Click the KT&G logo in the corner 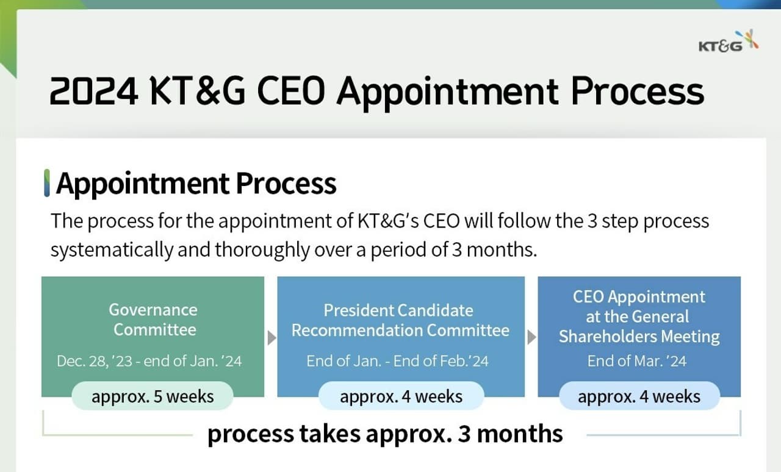point(728,42)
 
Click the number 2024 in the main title point(93,91)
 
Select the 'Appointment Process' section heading point(196,184)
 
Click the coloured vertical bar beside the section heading point(46,184)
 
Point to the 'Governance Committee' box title point(153,320)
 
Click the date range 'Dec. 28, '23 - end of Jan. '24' point(149,361)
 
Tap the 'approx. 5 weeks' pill point(153,396)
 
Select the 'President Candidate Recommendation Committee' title point(400,320)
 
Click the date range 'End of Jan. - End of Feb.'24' point(397,361)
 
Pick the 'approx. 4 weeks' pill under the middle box point(401,396)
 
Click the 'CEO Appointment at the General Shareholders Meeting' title point(639,316)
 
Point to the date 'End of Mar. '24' point(637,361)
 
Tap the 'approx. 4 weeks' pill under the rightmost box point(639,396)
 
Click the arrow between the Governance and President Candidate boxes point(271,337)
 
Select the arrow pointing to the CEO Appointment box point(531,337)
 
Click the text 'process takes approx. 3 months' point(385,434)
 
